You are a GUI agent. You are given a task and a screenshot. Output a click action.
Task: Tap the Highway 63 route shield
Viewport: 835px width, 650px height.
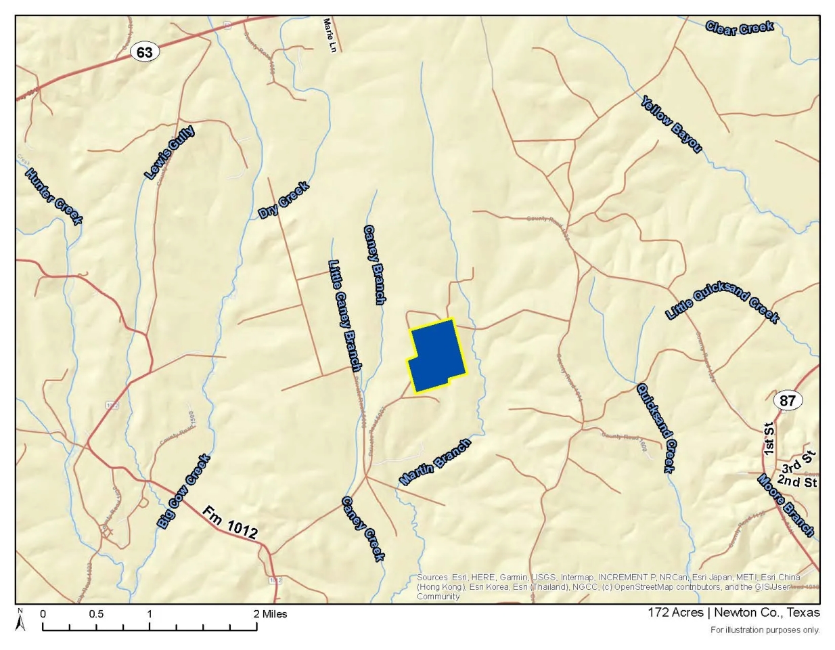[x=144, y=52]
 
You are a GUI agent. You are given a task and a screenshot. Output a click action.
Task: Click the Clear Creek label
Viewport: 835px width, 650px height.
[x=739, y=28]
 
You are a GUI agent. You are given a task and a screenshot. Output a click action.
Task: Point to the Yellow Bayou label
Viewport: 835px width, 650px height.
[x=671, y=123]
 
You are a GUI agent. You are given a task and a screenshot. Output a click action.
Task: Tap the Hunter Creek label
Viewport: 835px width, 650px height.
[x=53, y=196]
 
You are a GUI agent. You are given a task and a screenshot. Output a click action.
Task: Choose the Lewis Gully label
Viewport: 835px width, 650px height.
[x=169, y=153]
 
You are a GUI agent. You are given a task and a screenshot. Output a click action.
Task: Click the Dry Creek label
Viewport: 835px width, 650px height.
[x=284, y=200]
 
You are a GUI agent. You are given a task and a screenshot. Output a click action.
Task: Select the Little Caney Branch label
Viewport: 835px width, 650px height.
[x=344, y=315]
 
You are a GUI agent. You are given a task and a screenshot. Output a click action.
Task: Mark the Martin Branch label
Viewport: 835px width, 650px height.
[x=435, y=462]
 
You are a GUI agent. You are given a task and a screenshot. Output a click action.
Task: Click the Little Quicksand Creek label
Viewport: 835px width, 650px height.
[x=722, y=301]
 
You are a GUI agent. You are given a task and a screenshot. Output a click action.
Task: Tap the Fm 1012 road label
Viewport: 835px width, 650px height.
[x=229, y=522]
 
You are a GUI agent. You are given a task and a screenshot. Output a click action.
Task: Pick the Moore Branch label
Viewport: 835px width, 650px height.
[x=785, y=506]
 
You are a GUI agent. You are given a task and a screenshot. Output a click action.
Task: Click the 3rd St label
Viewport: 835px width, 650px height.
[x=799, y=464]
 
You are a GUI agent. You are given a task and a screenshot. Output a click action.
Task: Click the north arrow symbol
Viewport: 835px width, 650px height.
[x=20, y=620]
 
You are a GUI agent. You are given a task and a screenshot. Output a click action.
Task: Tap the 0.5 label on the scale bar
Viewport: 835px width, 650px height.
[x=96, y=614]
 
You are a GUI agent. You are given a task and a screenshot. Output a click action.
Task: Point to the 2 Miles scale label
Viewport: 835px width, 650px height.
[x=270, y=614]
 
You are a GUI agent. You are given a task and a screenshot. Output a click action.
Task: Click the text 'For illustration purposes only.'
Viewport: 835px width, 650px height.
[x=765, y=630]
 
